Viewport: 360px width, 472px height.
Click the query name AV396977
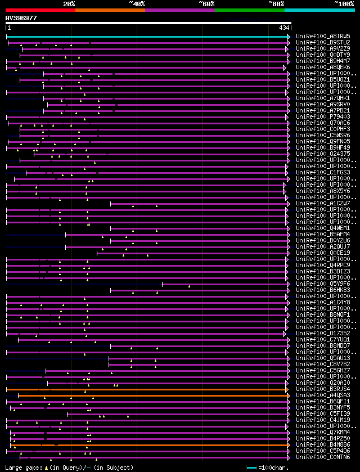pos(21,18)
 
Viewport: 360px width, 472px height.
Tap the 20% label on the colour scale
pos(69,4)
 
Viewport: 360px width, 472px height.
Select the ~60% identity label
pos(206,4)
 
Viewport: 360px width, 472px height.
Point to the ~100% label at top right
pos(344,4)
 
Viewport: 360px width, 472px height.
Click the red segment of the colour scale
pos(40,10)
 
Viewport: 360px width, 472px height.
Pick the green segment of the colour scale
pos(249,10)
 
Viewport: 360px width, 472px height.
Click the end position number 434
pos(284,28)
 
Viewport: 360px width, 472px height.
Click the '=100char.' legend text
pos(274,468)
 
